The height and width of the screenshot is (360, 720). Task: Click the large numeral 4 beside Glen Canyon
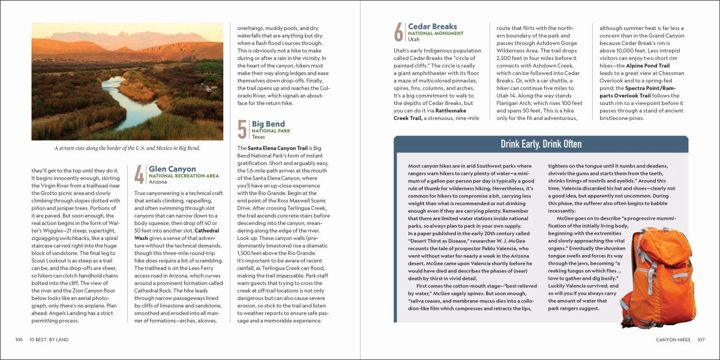pos(139,175)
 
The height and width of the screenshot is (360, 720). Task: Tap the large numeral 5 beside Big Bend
pos(242,130)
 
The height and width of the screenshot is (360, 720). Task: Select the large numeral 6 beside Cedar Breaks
pos(398,32)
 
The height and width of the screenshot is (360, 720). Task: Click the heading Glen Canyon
pos(172,169)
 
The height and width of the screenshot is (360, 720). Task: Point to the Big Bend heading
pos(268,124)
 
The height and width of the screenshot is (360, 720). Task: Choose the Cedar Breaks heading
pos(432,26)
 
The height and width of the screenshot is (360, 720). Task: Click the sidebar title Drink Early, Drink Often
pos(541,144)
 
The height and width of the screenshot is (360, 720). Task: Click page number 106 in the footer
pos(19,340)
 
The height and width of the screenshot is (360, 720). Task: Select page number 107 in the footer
pos(700,340)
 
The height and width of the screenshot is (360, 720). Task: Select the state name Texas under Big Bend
pos(258,137)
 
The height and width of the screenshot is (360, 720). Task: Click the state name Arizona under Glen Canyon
pos(158,182)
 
